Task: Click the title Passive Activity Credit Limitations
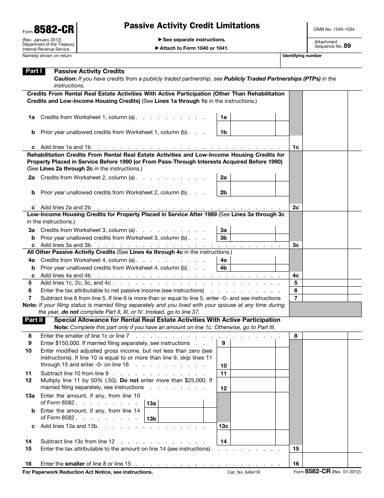tap(192, 26)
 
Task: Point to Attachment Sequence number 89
tap(347, 46)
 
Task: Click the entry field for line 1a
tap(253, 117)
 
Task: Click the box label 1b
tap(224, 132)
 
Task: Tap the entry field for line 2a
tap(253, 177)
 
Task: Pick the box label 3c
tap(296, 245)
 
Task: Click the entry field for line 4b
tap(253, 268)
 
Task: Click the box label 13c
tap(224, 426)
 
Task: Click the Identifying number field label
tap(302, 56)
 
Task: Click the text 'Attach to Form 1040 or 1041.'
tap(192, 48)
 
